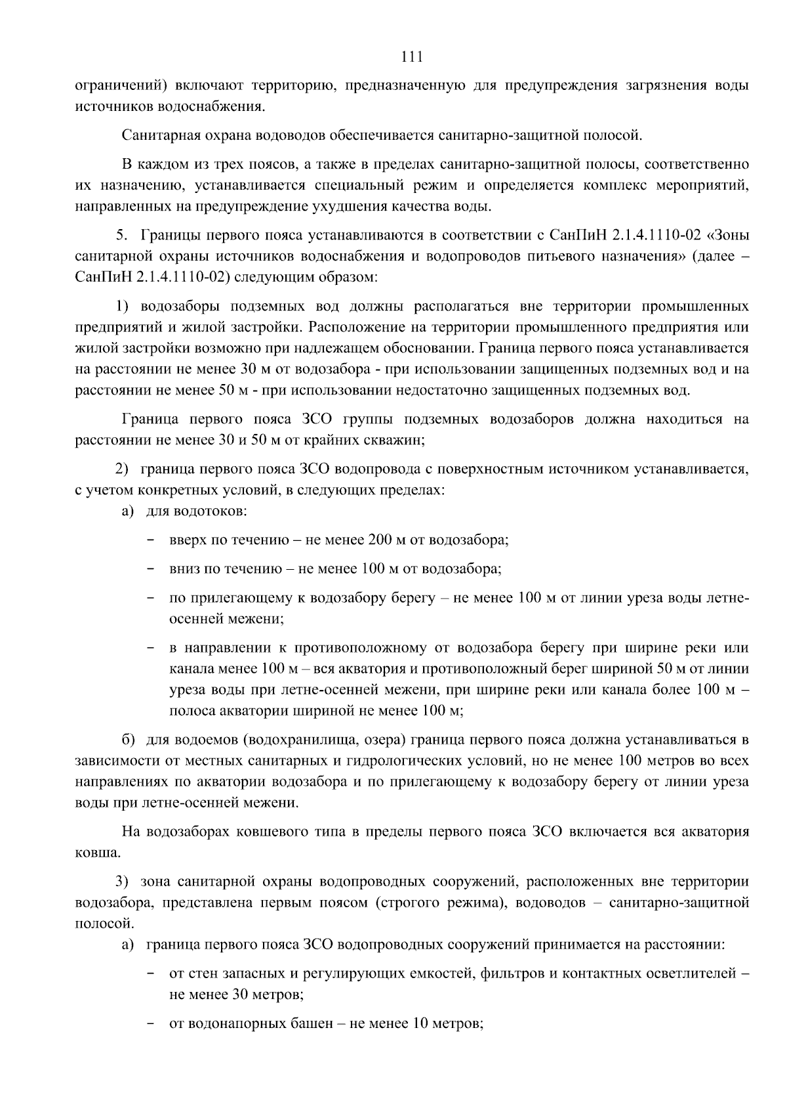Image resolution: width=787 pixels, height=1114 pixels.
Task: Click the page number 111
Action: [x=411, y=57]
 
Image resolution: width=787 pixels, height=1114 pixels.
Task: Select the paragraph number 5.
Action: [x=120, y=235]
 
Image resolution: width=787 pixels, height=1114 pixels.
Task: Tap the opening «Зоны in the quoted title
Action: [x=730, y=235]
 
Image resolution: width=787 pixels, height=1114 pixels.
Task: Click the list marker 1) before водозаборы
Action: [x=123, y=306]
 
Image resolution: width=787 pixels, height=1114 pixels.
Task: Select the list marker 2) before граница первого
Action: [x=121, y=469]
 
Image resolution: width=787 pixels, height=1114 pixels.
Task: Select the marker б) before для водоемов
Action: [x=129, y=740]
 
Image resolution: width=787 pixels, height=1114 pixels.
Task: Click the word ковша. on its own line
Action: [x=98, y=853]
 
